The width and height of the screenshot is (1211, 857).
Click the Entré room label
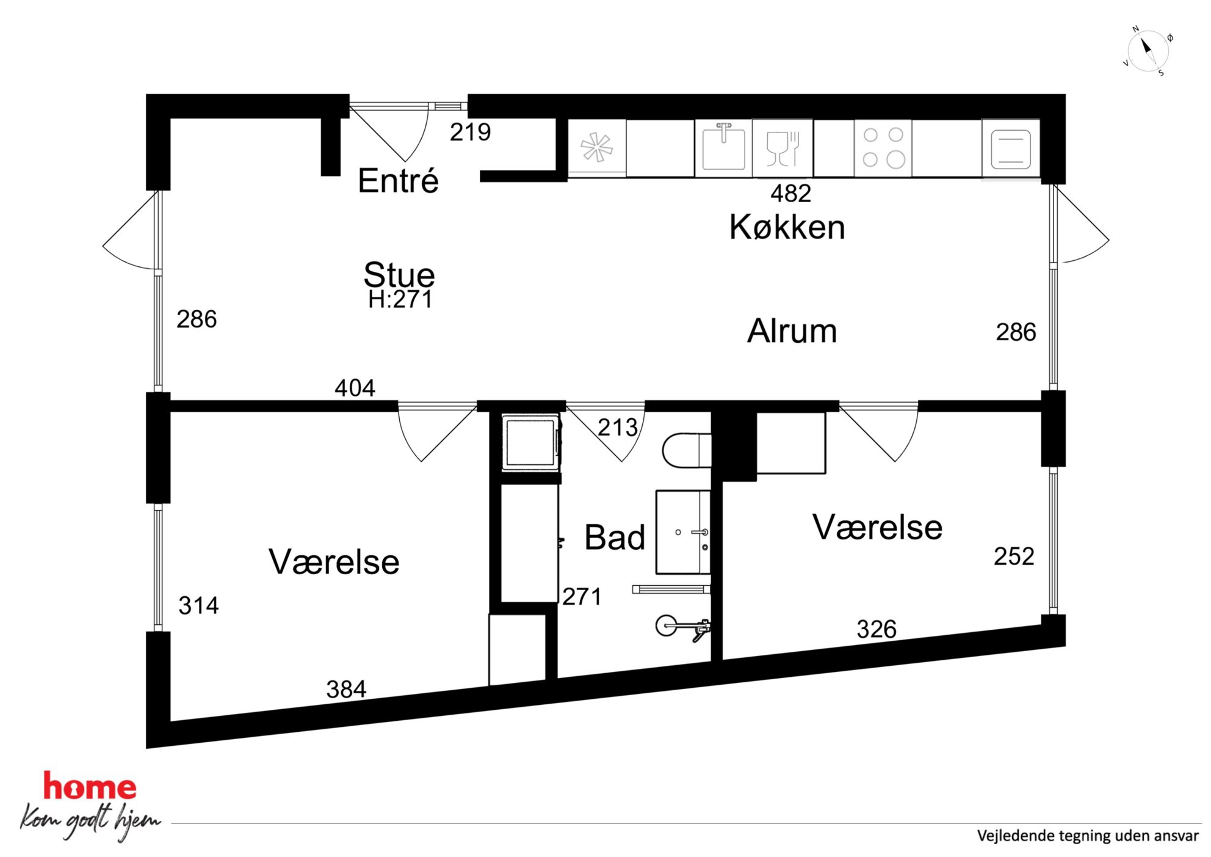[398, 181]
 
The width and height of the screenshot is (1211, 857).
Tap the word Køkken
[787, 227]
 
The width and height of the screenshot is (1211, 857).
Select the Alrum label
[792, 331]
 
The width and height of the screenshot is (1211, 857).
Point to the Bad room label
[615, 538]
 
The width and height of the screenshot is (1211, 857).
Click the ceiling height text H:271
[400, 299]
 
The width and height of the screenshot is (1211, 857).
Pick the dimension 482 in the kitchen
[790, 194]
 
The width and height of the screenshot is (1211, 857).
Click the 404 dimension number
[355, 388]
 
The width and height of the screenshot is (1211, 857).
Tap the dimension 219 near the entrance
[470, 132]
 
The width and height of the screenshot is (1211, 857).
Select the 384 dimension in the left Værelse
[346, 690]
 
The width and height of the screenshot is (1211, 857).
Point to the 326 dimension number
[877, 629]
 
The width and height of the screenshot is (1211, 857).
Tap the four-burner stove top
[883, 148]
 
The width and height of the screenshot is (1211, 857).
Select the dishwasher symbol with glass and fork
[783, 148]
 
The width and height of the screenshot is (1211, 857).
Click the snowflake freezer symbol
[596, 147]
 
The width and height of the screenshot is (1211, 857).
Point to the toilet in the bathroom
[687, 450]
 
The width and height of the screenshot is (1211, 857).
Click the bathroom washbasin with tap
[683, 532]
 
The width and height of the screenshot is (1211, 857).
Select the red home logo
[90, 787]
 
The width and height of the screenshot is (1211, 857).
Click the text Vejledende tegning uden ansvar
[1088, 836]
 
